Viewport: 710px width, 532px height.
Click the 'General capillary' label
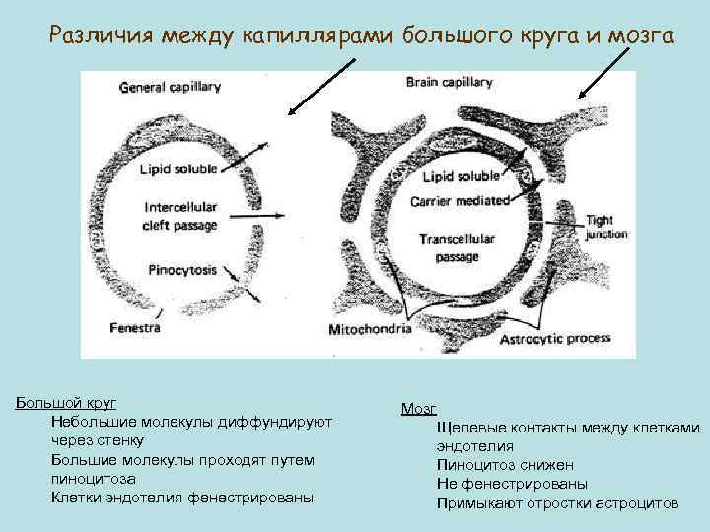pyautogui.click(x=171, y=87)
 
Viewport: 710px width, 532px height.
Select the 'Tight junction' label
pyautogui.click(x=605, y=228)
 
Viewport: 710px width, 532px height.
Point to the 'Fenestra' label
pyautogui.click(x=135, y=327)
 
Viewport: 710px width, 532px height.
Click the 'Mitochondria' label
pyautogui.click(x=370, y=331)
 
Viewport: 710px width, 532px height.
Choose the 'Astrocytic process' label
pyautogui.click(x=555, y=338)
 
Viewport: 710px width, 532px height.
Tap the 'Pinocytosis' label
pyautogui.click(x=180, y=267)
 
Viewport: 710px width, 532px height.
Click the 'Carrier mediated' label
pyautogui.click(x=460, y=201)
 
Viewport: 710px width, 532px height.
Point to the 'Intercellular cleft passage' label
pyautogui.click(x=181, y=216)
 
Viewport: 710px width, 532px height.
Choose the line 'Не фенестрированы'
pyautogui.click(x=512, y=484)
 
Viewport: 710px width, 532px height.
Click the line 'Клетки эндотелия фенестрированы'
pyautogui.click(x=181, y=498)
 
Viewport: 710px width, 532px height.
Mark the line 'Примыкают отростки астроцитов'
pyautogui.click(x=557, y=503)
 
